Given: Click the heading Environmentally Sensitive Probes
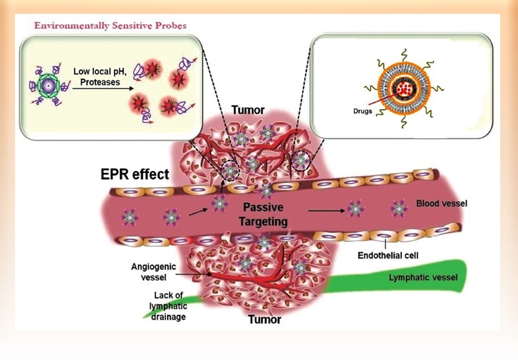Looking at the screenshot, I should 110,26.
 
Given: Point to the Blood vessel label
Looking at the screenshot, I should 441,204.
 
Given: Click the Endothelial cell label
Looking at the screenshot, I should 387,256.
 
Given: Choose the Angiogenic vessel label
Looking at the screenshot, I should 154,271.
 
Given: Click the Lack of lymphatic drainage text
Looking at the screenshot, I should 168,307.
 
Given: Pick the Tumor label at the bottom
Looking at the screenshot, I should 264,319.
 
